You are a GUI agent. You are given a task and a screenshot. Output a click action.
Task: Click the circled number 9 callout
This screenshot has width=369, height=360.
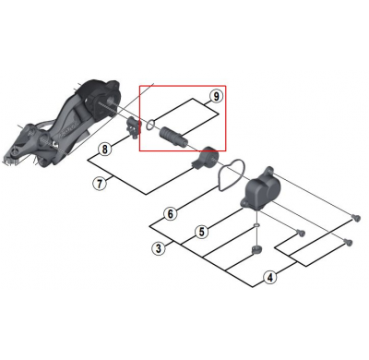pos(216,96)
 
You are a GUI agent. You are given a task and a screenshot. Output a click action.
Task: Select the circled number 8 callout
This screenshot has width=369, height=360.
pos(105,149)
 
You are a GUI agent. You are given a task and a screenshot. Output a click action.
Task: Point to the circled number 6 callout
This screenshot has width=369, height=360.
pos(170,215)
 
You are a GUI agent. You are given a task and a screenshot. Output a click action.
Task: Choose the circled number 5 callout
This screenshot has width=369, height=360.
pos(200,231)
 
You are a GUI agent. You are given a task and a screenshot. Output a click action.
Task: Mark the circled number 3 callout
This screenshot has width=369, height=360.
pos(159,248)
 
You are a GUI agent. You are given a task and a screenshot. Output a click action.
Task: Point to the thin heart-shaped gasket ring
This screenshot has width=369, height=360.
pos(233,174)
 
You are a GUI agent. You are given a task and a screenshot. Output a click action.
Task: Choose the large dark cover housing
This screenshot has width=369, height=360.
pos(264,190)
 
